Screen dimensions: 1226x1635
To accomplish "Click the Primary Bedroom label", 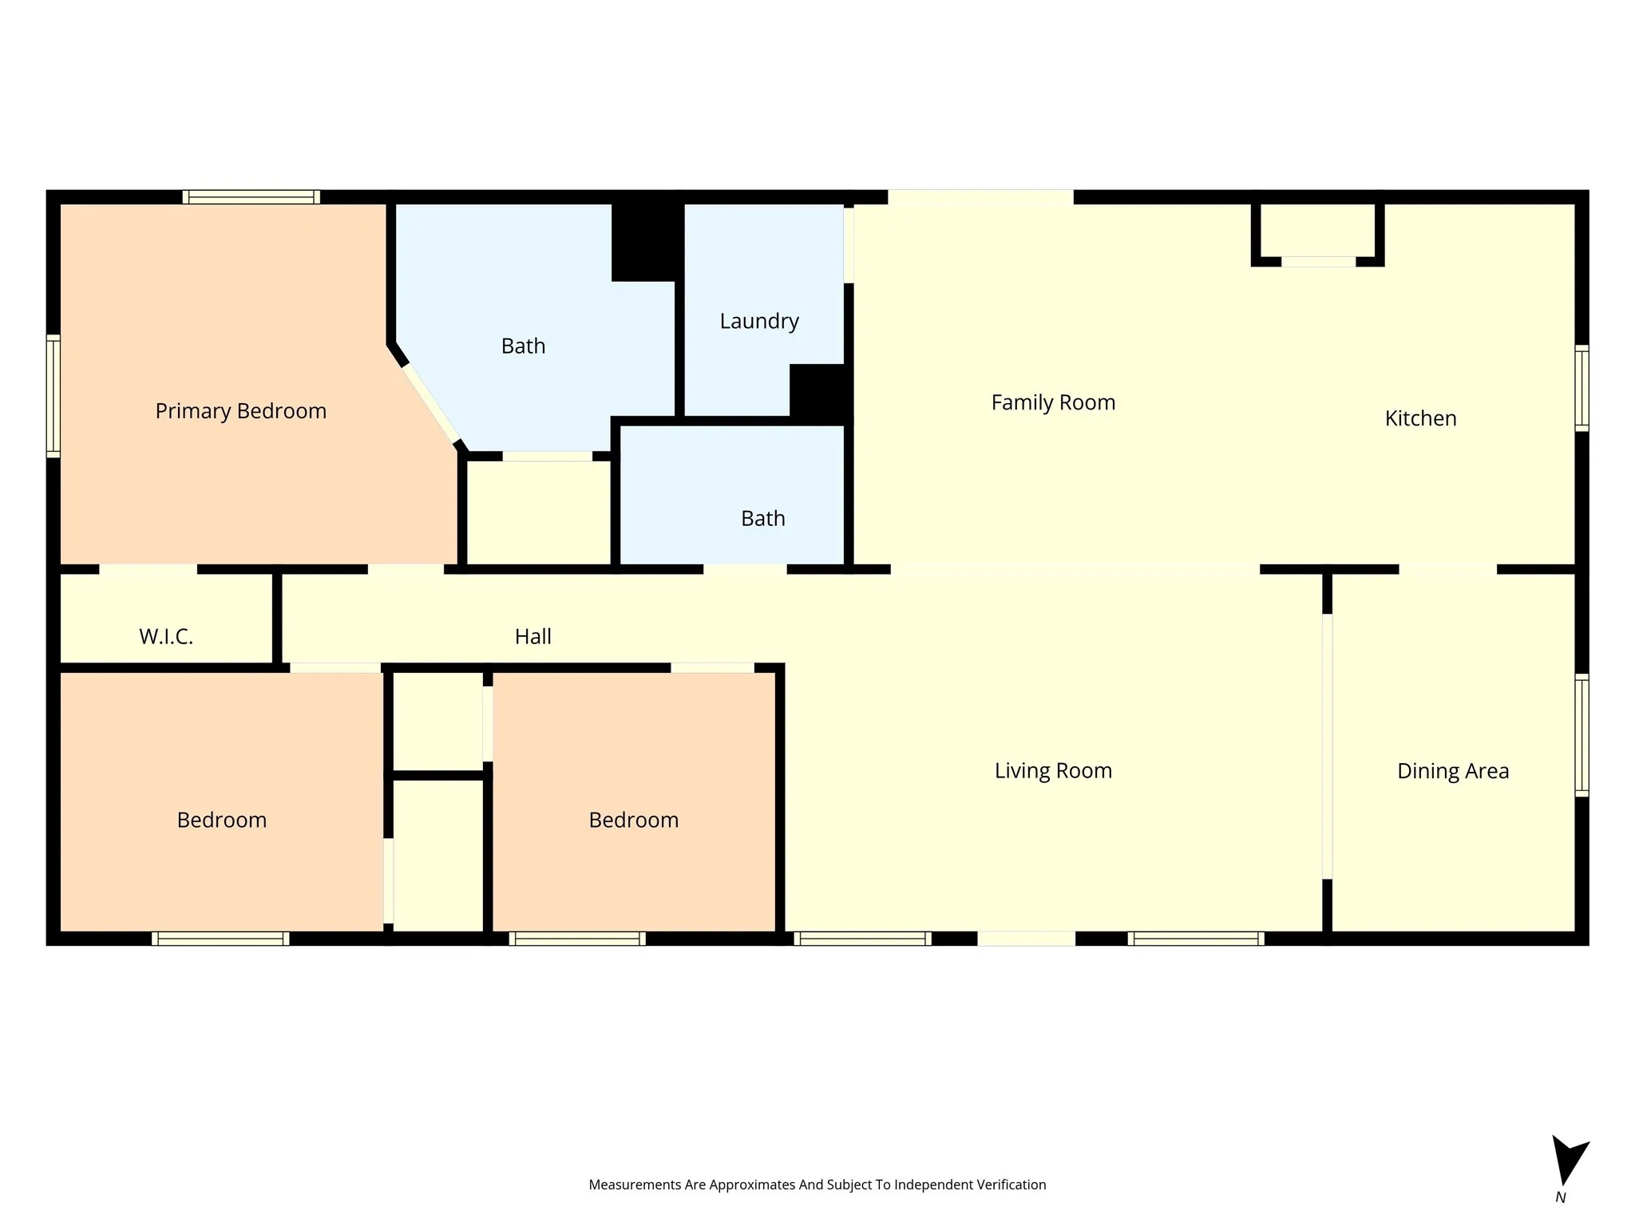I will pos(240,411).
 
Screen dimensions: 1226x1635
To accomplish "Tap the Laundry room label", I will pos(758,321).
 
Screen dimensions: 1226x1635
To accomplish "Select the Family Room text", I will pos(1052,402).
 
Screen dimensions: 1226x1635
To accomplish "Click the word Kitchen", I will pos(1419,418).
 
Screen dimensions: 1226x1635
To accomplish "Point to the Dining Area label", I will pos(1452,771).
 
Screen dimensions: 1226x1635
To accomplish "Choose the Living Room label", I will pos(1052,771).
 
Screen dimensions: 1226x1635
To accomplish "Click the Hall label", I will pos(532,636).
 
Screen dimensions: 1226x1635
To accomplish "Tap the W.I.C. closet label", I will pos(166,636).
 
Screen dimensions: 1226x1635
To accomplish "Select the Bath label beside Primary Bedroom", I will pos(523,346).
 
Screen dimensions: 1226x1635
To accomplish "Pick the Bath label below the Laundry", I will pos(762,519).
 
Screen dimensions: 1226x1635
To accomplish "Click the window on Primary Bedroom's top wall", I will pos(251,197).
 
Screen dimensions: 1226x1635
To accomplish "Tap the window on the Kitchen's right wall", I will pos(1581,388).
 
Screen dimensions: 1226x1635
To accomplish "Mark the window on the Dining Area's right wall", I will pos(1581,735).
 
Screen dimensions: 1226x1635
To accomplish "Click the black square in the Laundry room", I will pos(817,390).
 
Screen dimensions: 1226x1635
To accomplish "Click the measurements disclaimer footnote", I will pos(817,1184).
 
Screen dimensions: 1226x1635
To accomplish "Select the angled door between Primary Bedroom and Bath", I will pos(431,404).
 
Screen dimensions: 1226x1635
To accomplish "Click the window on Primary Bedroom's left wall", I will pos(53,396).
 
